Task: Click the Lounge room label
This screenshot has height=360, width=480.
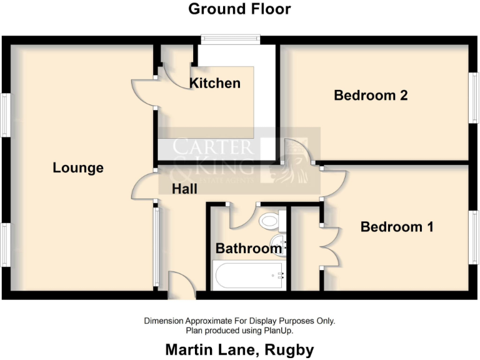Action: point(78,168)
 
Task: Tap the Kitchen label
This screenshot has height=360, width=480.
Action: point(215,83)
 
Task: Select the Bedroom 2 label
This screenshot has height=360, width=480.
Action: point(371,96)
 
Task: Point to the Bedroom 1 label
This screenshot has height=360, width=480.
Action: point(397,227)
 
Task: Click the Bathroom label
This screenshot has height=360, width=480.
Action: point(248,248)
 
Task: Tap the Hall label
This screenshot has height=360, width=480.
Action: point(185,188)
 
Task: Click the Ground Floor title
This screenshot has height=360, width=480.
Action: point(239,9)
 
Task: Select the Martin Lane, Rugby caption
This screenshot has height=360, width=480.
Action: point(239,349)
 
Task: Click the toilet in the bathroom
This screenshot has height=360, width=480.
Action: point(271,220)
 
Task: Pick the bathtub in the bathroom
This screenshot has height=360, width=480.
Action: point(249,275)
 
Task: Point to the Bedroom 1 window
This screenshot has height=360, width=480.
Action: point(474,239)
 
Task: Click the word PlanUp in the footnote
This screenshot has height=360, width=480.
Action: point(277,330)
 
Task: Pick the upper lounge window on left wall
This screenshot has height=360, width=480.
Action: point(5,116)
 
